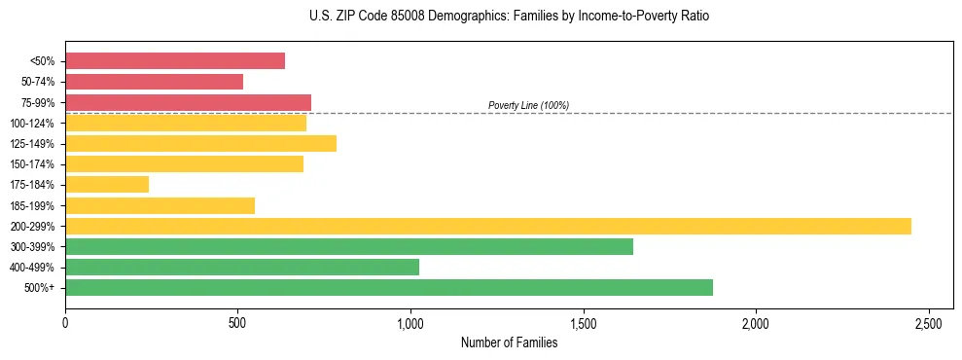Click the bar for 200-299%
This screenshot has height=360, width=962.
(x=488, y=226)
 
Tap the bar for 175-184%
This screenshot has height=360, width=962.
(x=107, y=184)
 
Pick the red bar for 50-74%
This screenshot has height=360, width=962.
(x=154, y=82)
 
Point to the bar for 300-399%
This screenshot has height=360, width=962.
(x=349, y=246)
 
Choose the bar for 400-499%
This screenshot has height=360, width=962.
(x=242, y=267)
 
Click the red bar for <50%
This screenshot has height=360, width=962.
(x=175, y=61)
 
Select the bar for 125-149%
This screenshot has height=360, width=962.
(x=200, y=144)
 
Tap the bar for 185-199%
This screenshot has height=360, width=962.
(x=160, y=205)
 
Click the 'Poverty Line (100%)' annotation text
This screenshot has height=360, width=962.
(x=528, y=105)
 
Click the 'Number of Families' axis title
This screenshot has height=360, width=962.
(x=509, y=342)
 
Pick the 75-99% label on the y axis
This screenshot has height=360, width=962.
(x=38, y=103)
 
